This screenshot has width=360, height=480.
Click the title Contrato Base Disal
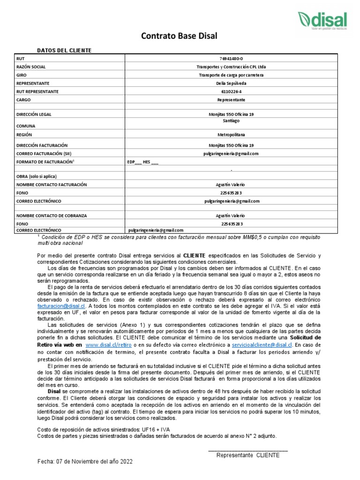tap(180, 37)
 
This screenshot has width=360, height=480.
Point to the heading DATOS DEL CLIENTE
tap(64, 50)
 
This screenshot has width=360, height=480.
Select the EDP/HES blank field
tap(143, 162)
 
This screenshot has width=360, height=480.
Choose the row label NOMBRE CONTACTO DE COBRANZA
tap(52, 215)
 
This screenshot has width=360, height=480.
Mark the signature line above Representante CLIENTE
tap(248, 450)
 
